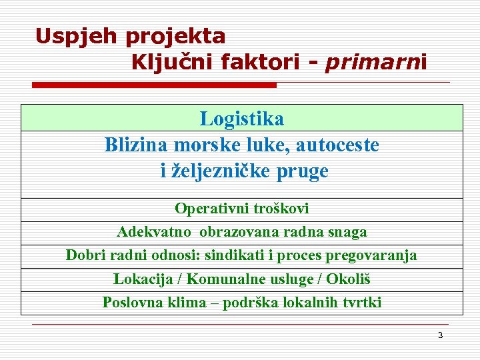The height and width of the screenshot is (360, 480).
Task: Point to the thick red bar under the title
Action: pyautogui.click(x=154, y=85)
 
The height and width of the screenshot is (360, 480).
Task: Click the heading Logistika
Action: pyautogui.click(x=241, y=119)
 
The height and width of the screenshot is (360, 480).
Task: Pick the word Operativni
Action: pyautogui.click(x=212, y=209)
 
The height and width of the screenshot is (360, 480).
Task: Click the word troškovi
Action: pyautogui.click(x=281, y=209)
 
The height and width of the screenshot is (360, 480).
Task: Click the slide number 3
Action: pyautogui.click(x=440, y=335)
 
